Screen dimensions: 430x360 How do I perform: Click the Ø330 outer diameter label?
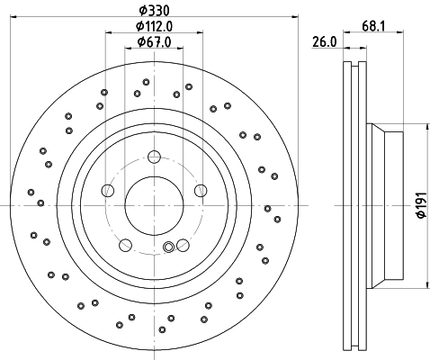click(154, 11)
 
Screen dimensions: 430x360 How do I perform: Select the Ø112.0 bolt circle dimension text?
click(154, 26)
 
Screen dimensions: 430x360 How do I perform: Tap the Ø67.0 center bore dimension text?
click(154, 42)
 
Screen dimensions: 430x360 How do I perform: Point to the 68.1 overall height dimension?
click(373, 26)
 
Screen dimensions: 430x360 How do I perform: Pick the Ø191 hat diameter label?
click(422, 205)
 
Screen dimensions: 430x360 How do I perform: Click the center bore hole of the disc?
click(154, 205)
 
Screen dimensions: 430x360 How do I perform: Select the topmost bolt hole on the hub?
click(154, 157)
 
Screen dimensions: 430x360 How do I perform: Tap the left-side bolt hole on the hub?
click(108, 190)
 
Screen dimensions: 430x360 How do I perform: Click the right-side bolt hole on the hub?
click(201, 190)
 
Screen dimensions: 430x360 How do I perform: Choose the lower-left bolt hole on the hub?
click(125, 245)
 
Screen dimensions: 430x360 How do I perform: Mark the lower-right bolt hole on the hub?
click(183, 245)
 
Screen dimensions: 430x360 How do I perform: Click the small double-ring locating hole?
click(168, 247)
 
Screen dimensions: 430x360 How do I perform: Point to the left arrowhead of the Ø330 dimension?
click(13, 17)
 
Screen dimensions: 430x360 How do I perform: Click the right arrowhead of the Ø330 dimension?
click(295, 17)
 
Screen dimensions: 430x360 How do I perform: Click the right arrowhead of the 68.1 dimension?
click(400, 31)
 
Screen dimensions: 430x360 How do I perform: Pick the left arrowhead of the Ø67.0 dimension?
click(128, 48)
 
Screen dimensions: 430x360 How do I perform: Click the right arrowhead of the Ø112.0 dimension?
click(200, 32)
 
